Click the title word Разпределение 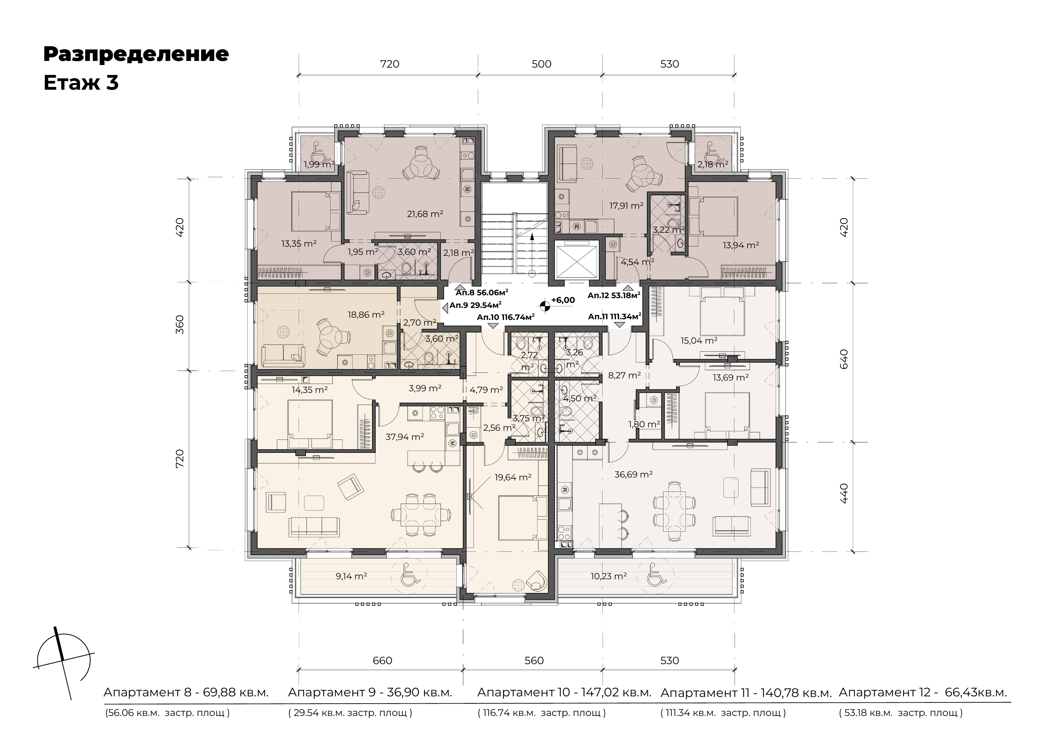136,54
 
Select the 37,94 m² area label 405,437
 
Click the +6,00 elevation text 563,300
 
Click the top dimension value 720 390,64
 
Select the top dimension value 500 541,64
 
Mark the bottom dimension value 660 382,661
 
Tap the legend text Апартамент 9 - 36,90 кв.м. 370,693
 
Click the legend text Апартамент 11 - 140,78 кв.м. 746,693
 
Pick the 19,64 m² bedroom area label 513,477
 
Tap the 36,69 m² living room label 633,475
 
